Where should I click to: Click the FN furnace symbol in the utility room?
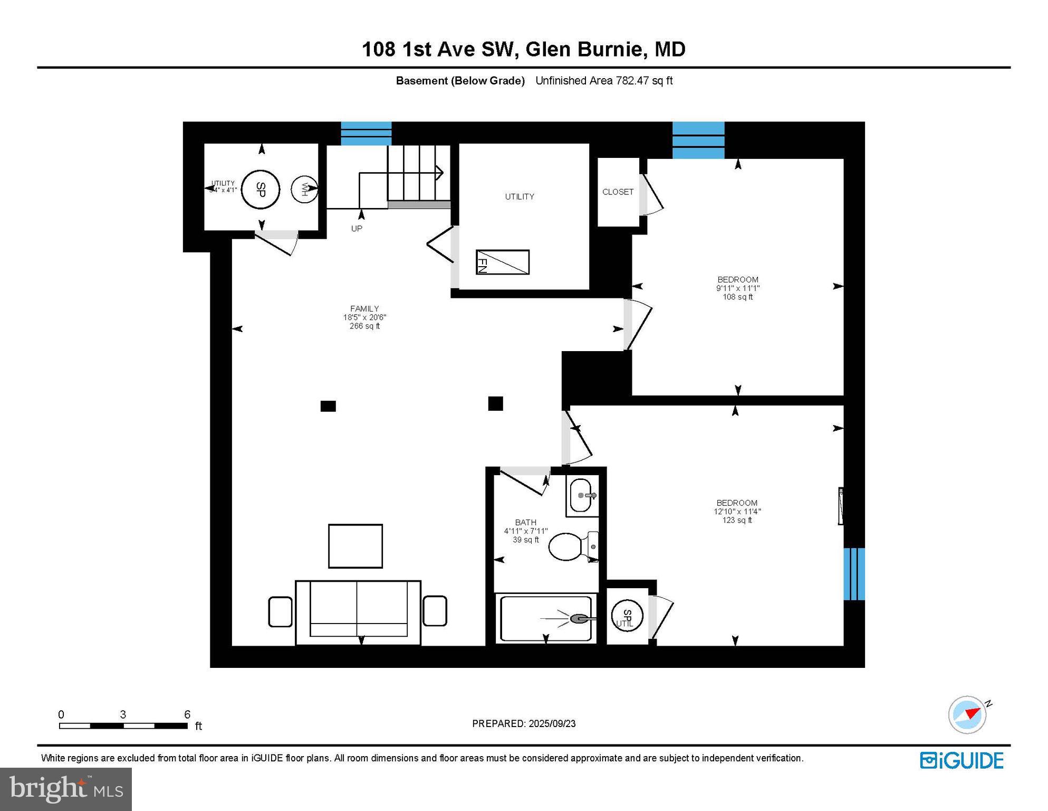coord(502,262)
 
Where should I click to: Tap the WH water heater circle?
coord(304,188)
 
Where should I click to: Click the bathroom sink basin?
coord(581,495)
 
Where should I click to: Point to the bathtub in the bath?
coord(545,618)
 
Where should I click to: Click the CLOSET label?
coord(618,192)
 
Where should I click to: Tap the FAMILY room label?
coord(364,309)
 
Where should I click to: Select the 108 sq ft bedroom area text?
coord(737,297)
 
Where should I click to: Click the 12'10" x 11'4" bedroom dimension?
coord(737,512)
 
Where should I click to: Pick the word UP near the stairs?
coord(357,229)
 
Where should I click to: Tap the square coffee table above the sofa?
coord(355,546)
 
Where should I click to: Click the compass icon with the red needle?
coord(967,714)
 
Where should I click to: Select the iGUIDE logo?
coord(962,760)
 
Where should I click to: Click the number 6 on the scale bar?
coord(187,714)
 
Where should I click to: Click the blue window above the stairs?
coord(366,133)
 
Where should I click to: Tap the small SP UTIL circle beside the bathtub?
coord(627,616)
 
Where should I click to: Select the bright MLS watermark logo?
coord(66,789)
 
